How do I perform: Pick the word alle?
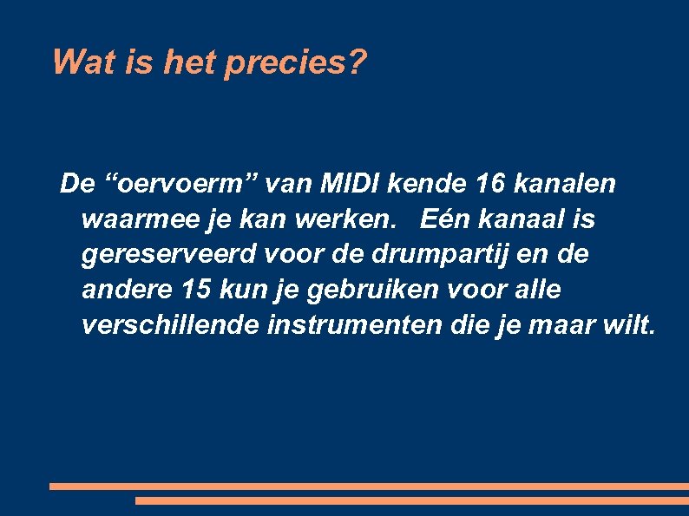pyautogui.click(x=535, y=291)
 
